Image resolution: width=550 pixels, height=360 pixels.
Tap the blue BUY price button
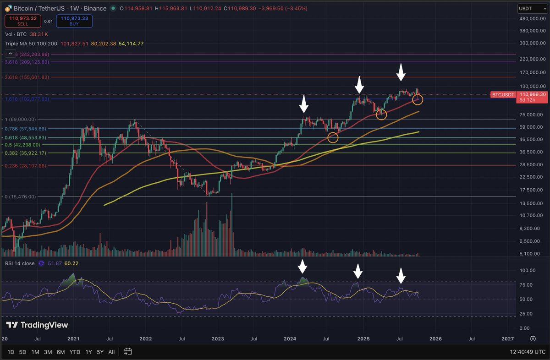(74, 21)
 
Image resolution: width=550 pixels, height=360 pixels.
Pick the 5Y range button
(99, 352)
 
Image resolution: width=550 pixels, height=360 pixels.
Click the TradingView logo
(37, 325)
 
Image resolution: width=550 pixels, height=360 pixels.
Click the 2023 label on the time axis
(218, 339)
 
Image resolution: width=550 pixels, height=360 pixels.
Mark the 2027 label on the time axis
(507, 339)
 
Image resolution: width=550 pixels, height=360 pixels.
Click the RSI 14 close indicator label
(20, 263)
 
